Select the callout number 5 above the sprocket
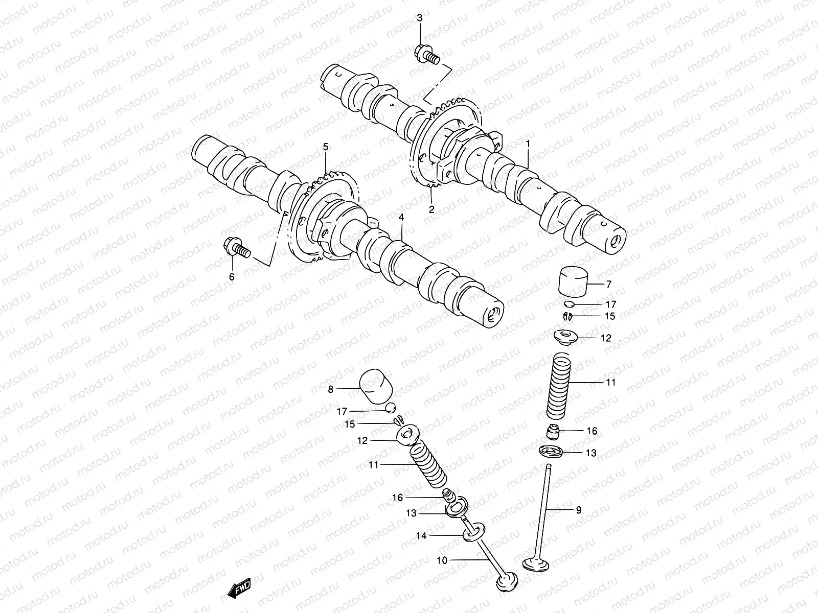click(x=325, y=148)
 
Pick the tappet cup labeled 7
click(x=573, y=280)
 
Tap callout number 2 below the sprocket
click(x=431, y=209)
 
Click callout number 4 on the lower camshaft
click(x=401, y=218)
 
